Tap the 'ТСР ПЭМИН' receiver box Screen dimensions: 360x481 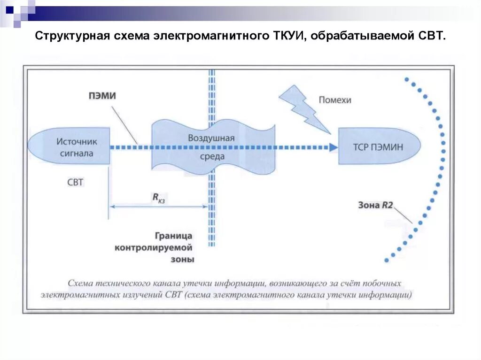(x=378, y=147)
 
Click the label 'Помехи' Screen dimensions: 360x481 (x=335, y=100)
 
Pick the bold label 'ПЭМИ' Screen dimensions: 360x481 (x=102, y=96)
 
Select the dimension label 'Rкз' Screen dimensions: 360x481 (x=158, y=199)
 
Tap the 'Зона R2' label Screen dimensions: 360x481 (x=375, y=205)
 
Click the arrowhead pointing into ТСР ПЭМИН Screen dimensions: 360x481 (x=333, y=147)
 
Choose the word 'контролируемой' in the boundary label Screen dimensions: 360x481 (x=154, y=247)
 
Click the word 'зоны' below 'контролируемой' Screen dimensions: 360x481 (x=183, y=259)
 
